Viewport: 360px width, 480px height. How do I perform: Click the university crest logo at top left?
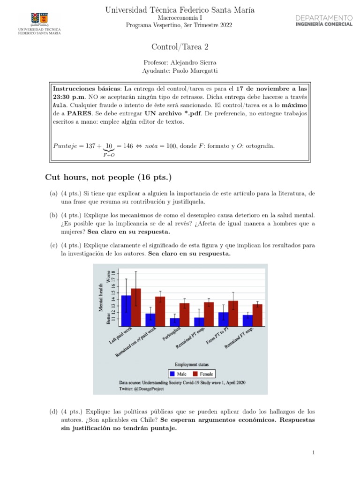pyautogui.click(x=39, y=19)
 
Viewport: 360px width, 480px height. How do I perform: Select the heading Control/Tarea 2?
pyautogui.click(x=180, y=46)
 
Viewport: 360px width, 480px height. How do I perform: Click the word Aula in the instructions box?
pyautogui.click(x=60, y=105)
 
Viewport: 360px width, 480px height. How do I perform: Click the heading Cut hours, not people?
pyautogui.click(x=108, y=177)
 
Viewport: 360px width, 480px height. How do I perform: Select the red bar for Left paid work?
pyautogui.click(x=136, y=307)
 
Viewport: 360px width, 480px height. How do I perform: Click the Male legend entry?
pyautogui.click(x=179, y=374)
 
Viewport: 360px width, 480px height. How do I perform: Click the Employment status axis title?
pyautogui.click(x=192, y=364)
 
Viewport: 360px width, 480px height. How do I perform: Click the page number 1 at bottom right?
pyautogui.click(x=313, y=452)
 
